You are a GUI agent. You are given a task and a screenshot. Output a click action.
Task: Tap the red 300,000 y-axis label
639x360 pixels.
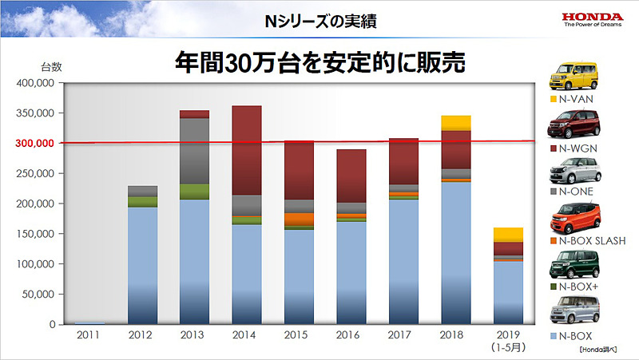point(34,144)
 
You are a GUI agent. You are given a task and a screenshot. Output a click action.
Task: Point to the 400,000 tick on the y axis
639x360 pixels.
point(34,83)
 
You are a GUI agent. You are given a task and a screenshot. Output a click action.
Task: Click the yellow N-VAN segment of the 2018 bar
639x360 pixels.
point(454,122)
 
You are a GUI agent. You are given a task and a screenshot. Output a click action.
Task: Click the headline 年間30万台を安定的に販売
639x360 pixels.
point(319,63)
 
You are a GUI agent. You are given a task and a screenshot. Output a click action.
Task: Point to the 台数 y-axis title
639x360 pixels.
point(51,67)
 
